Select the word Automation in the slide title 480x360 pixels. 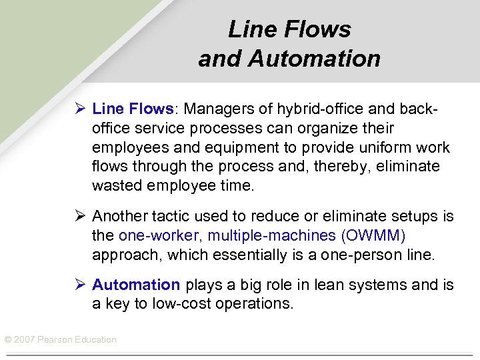coord(314,59)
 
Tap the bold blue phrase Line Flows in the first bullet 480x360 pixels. coord(133,108)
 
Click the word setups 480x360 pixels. coord(417,216)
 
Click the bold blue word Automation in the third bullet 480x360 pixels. coord(136,285)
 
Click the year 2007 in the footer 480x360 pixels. coord(24,340)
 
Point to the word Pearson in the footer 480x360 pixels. coord(55,340)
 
